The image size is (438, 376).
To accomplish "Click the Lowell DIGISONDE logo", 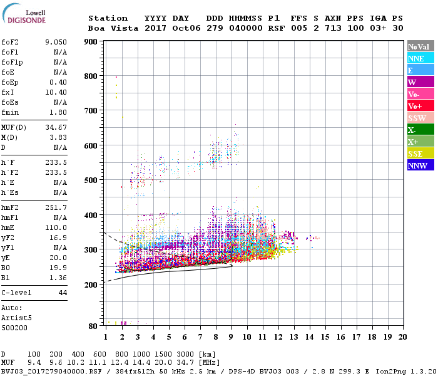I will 23,16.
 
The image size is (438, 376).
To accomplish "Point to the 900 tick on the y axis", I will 91,42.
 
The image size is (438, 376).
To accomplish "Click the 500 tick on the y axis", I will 91,180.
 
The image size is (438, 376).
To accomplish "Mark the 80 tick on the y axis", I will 93,326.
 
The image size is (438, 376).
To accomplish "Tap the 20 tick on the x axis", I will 402,337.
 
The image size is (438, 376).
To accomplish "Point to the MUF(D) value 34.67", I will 56,127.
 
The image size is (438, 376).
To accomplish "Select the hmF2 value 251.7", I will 56,207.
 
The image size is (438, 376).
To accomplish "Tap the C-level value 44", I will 63,293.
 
